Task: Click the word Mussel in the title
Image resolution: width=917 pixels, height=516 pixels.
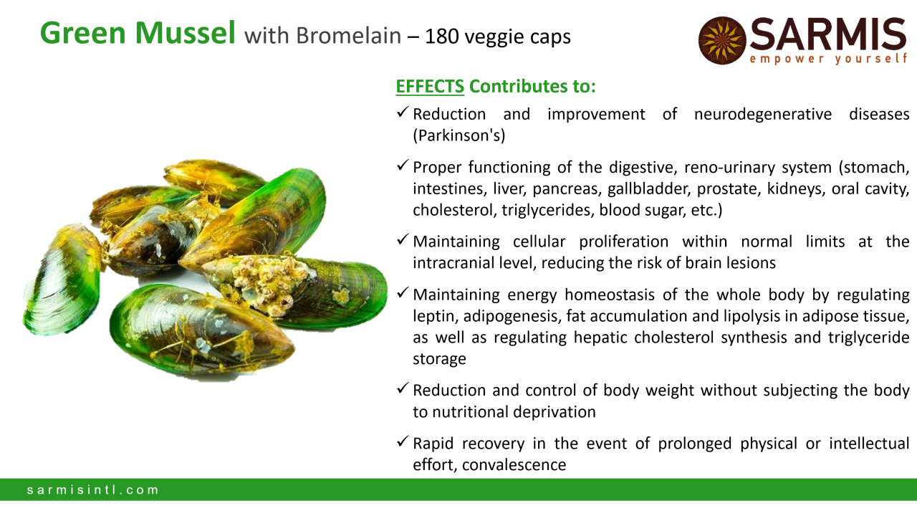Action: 185,33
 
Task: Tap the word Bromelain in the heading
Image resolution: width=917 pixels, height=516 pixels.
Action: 348,36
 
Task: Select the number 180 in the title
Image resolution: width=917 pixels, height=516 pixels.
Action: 442,36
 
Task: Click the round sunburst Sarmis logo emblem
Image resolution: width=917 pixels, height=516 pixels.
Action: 721,40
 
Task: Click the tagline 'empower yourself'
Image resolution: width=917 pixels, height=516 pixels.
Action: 828,59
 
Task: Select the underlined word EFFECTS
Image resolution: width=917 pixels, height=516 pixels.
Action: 430,87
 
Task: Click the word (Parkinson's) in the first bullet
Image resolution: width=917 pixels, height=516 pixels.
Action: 459,135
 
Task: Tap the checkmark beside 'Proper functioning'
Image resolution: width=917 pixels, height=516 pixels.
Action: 403,166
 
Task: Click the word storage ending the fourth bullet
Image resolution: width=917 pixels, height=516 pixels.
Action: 439,359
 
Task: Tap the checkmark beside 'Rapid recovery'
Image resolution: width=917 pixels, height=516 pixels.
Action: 403,441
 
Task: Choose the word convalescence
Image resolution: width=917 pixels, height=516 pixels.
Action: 514,465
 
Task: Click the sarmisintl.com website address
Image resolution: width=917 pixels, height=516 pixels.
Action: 92,489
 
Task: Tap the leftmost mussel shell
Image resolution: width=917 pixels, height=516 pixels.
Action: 62,280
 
